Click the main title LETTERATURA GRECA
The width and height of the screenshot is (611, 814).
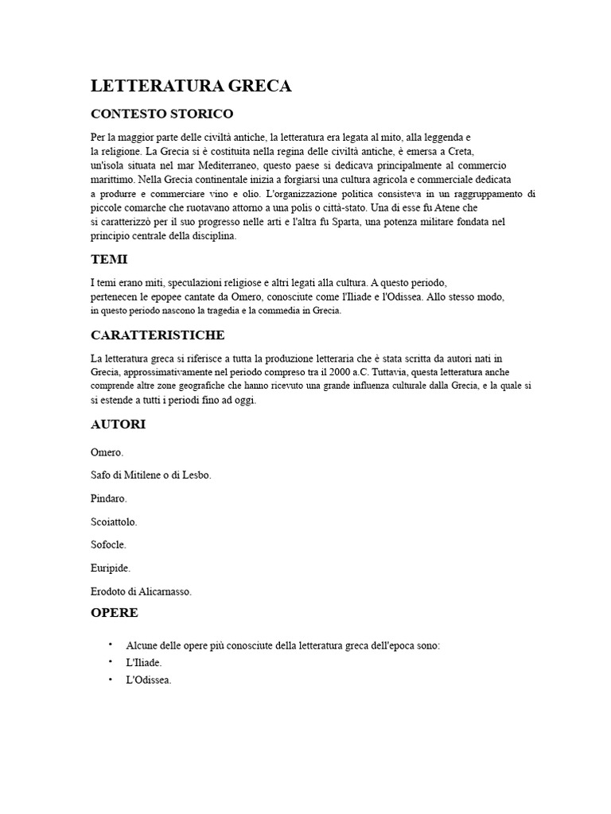(191, 86)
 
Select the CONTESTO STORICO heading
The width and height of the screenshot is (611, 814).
(162, 114)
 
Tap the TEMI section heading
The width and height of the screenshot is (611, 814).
(109, 260)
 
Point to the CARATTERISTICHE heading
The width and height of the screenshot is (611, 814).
(158, 335)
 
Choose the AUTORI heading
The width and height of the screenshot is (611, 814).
(118, 424)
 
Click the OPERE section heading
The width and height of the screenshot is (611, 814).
(115, 613)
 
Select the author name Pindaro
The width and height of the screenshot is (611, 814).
(109, 498)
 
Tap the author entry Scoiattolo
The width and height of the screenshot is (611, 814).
(114, 522)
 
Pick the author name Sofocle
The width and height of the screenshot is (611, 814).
(109, 545)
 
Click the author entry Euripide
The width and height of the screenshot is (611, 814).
(111, 568)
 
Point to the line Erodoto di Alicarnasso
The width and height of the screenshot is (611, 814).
(142, 591)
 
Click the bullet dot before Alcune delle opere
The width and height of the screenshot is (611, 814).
(110, 645)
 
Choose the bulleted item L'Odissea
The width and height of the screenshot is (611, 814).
(149, 680)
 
